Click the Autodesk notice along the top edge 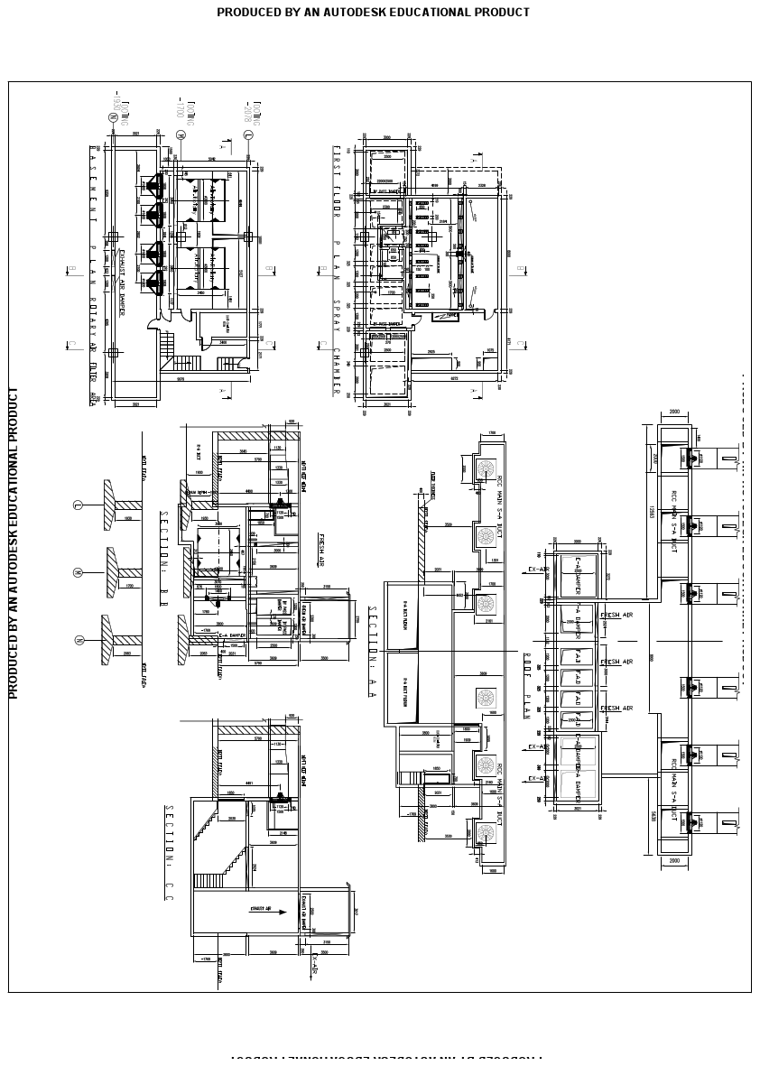click(x=373, y=13)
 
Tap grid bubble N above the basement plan click(x=113, y=116)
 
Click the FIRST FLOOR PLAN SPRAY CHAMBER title click(x=337, y=271)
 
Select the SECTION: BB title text click(x=164, y=551)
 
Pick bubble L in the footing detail click(x=79, y=505)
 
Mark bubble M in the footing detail click(x=79, y=572)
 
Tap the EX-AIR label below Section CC click(x=315, y=966)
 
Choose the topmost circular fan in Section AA click(x=487, y=467)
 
